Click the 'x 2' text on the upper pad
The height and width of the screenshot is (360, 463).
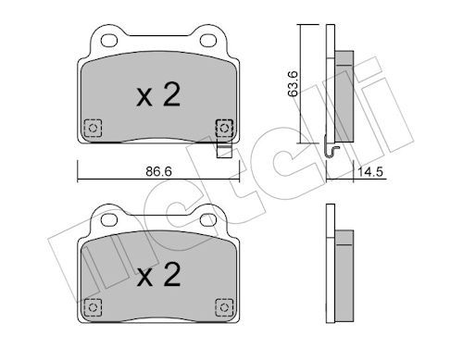tap(157, 95)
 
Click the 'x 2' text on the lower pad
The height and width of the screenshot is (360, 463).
tap(157, 275)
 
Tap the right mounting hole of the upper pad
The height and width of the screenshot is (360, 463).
tap(206, 41)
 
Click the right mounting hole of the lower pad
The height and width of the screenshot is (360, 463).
tap(206, 220)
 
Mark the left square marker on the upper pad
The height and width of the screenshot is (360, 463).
tap(92, 128)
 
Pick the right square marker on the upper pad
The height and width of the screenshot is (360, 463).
tap(222, 128)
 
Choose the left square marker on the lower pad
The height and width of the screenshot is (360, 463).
tap(92, 307)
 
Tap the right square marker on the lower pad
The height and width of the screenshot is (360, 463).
tap(222, 307)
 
